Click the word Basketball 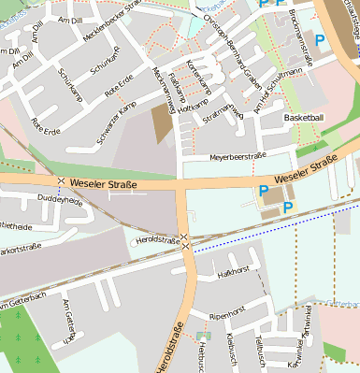click(303, 118)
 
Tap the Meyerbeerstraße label click(238, 156)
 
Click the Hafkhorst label click(232, 273)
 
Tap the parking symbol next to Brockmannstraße click(320, 40)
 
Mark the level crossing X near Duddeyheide click(61, 180)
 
